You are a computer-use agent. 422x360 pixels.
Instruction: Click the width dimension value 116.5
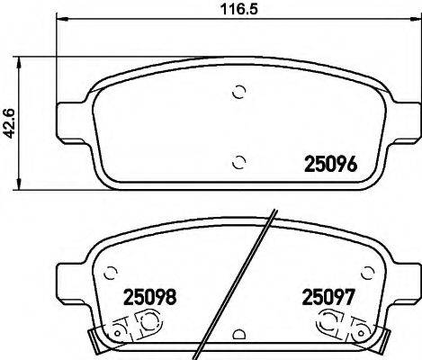(x=237, y=12)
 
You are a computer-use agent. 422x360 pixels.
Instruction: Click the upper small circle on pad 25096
(x=238, y=91)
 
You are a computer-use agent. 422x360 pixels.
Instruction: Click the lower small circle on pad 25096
(x=238, y=162)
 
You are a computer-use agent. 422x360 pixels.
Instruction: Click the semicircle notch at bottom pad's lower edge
(x=238, y=336)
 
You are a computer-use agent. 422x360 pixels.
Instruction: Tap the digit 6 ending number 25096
(x=355, y=166)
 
